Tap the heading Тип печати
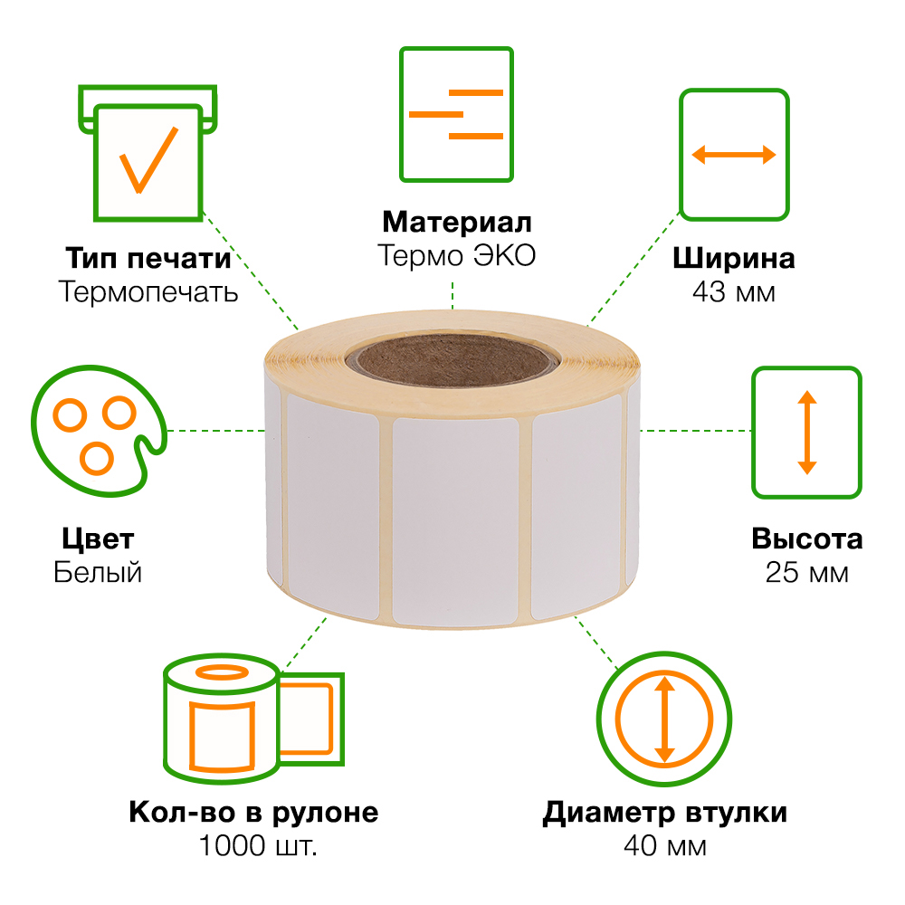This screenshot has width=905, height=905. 148,258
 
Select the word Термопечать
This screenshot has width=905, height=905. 148,292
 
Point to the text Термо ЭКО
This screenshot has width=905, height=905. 456,256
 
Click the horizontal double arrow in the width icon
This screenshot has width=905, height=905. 734,155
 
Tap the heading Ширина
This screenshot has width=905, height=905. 734,258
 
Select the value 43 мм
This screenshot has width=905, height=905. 734,292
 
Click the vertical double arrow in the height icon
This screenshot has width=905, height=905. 806,432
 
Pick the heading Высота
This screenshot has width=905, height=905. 806,539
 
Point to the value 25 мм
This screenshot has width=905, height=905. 806,573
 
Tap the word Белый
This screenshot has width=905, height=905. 98,573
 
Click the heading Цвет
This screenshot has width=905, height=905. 98,539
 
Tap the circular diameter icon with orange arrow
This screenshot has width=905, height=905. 664,718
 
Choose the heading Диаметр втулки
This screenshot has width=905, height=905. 664,812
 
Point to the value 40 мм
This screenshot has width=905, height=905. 664,846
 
